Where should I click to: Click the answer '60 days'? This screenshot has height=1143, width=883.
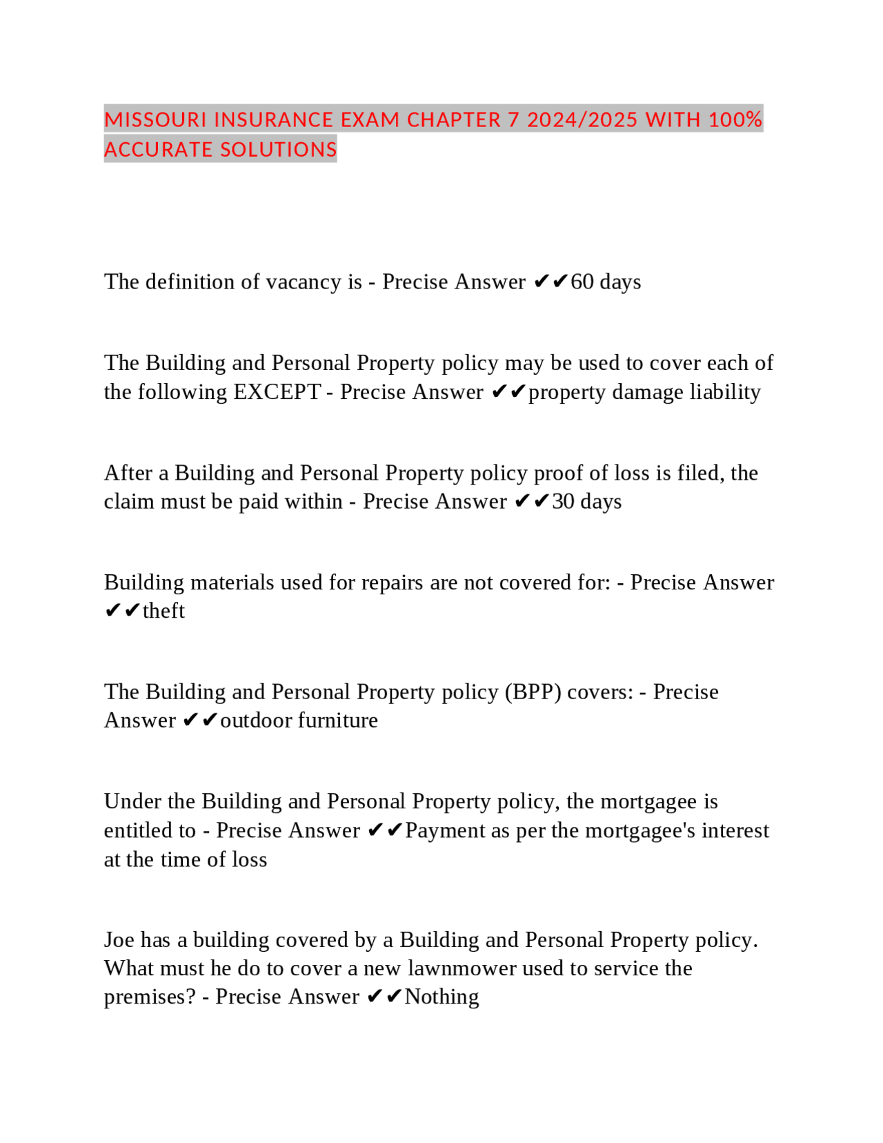click(x=606, y=282)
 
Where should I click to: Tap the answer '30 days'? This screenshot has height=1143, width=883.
click(x=586, y=501)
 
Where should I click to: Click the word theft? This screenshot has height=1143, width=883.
click(x=163, y=611)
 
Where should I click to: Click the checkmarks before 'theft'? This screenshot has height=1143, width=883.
click(x=122, y=611)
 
